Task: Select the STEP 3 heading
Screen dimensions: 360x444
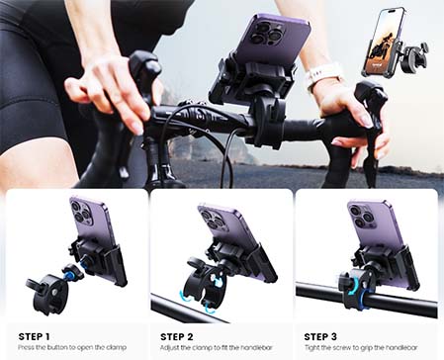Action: [323, 336]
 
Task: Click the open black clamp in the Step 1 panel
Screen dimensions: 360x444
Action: [48, 286]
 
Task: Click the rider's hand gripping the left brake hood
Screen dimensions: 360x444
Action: [109, 94]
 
